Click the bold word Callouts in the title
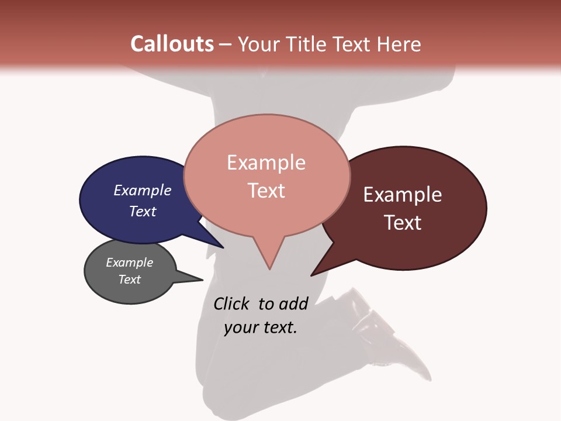(x=172, y=44)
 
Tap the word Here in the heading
(x=399, y=44)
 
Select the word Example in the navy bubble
(x=142, y=190)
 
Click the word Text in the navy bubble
(x=142, y=211)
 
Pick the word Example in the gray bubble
(x=129, y=263)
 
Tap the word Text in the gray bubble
(x=129, y=279)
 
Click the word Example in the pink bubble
(x=266, y=163)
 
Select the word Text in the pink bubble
(x=266, y=191)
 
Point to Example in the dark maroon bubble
(x=402, y=195)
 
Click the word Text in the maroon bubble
(x=402, y=223)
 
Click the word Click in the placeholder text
(x=231, y=303)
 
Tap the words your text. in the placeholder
(x=260, y=327)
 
